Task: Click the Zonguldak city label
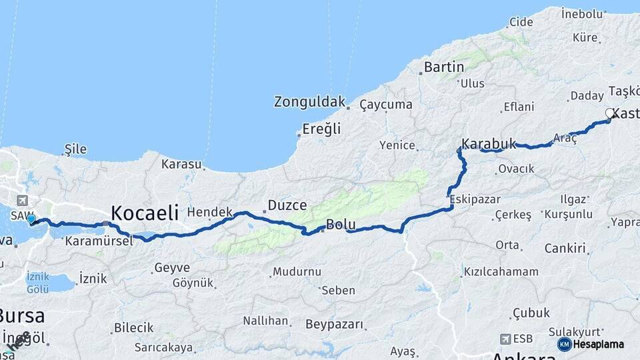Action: (309, 102)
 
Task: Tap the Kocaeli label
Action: (145, 213)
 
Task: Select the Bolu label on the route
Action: (341, 225)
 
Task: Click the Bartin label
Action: (444, 67)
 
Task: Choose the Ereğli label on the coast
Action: (321, 129)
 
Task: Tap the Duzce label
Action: (287, 205)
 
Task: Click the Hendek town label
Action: (210, 212)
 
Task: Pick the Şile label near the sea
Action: (75, 149)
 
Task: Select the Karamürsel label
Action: (99, 241)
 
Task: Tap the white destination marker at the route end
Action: (609, 114)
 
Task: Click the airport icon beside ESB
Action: (506, 339)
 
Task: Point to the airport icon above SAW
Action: (23, 201)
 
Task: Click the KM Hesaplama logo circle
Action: (564, 344)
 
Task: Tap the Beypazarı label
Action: (335, 325)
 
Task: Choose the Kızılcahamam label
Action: (501, 272)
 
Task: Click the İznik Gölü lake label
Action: (38, 282)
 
